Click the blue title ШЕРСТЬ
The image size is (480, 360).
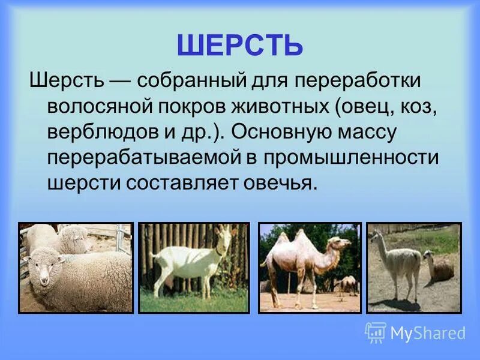[x=240, y=45]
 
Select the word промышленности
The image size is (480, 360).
[x=353, y=158]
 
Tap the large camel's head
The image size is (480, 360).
[x=343, y=243]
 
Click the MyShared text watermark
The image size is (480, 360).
[x=428, y=332]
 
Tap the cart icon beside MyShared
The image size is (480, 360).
[x=376, y=332]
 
